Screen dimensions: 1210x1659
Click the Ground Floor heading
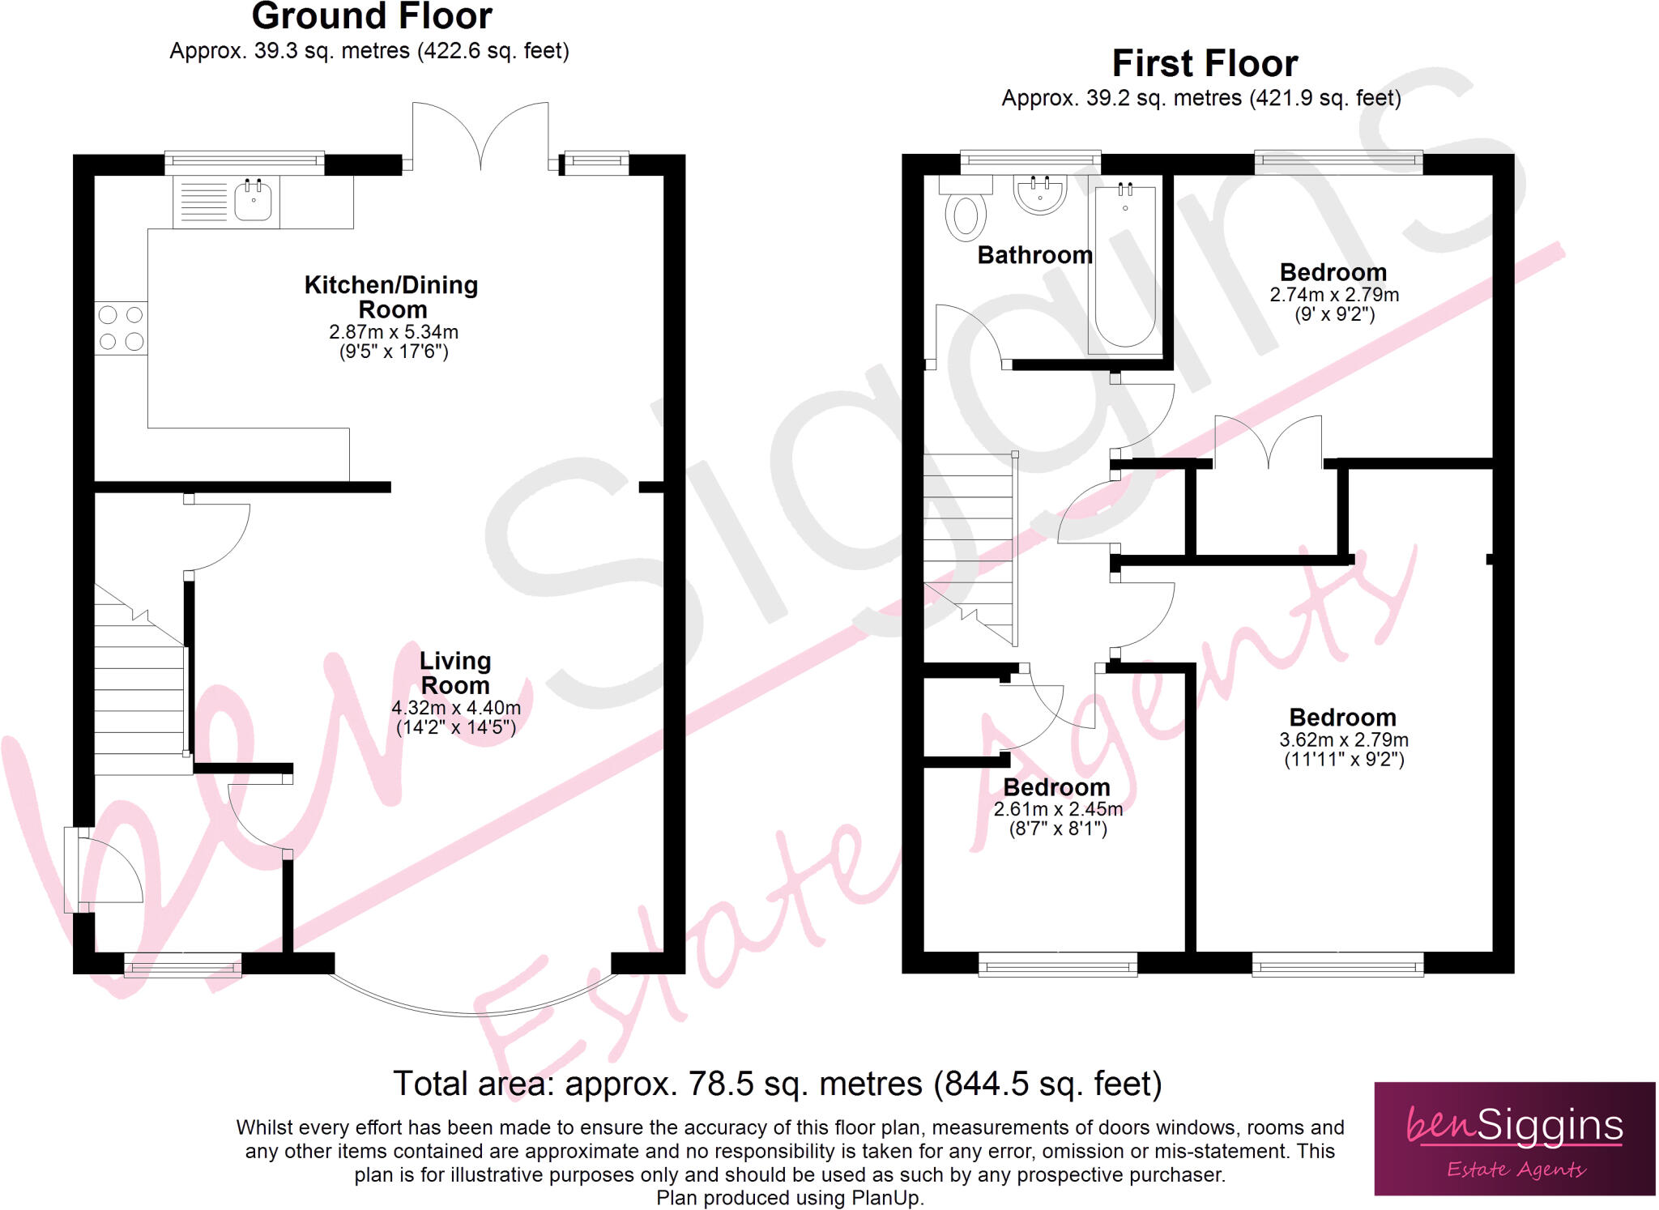[372, 17]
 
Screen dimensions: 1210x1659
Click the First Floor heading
[1205, 64]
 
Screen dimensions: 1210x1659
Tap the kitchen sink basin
[253, 202]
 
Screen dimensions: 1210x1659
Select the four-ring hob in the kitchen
[121, 328]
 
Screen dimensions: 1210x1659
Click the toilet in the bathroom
[966, 214]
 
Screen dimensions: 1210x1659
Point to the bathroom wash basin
[1040, 194]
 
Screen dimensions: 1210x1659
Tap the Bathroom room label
[1034, 255]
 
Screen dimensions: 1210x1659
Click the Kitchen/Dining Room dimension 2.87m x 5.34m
[394, 332]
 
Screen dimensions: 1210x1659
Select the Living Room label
[455, 673]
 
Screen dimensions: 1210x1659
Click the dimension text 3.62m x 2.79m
[1344, 740]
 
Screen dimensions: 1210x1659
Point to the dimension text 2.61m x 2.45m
[1058, 809]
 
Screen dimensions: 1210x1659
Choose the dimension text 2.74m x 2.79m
[1334, 295]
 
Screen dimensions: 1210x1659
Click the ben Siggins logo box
[1514, 1138]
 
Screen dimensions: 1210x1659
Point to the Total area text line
[777, 1084]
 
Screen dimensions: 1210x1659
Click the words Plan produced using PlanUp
[790, 1198]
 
